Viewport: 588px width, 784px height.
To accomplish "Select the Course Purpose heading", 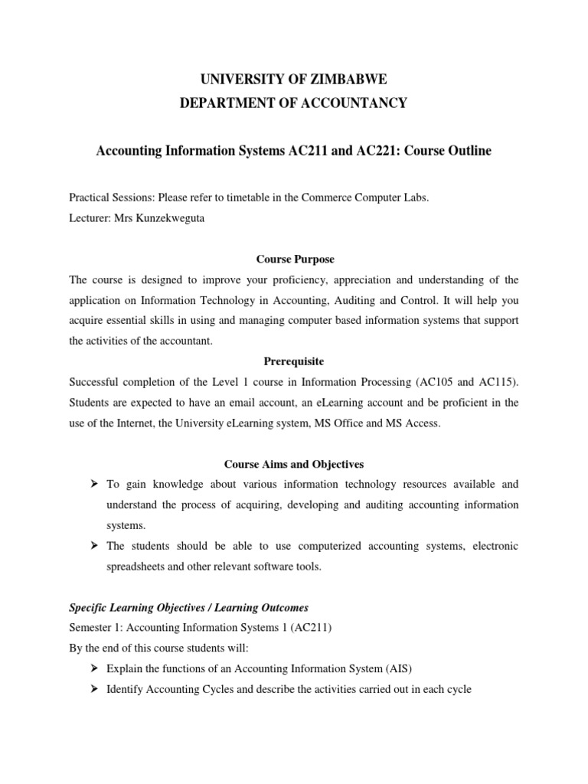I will coord(294,260).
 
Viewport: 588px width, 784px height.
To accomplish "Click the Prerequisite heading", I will coord(294,361).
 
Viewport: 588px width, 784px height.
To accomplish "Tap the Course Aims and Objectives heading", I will coord(294,464).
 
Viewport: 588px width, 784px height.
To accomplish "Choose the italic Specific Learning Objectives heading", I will coord(189,608).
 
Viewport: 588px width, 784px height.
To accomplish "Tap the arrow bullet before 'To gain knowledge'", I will coord(95,485).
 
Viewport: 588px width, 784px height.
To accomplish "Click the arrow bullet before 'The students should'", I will coord(95,546).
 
